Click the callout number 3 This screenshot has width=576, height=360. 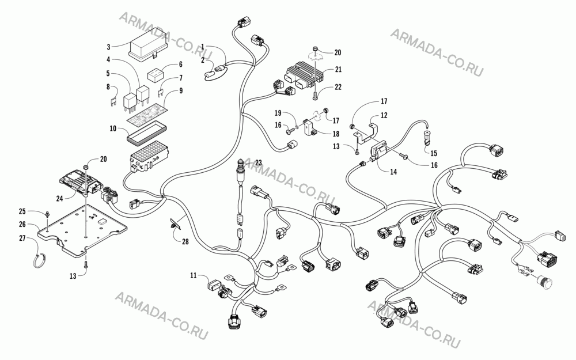click(x=108, y=47)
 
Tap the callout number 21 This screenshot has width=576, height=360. click(x=338, y=70)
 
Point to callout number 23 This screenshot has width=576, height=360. click(x=258, y=162)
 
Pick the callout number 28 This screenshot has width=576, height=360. click(x=185, y=241)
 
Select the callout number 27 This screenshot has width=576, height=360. click(x=22, y=238)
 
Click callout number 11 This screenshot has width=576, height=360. click(x=194, y=275)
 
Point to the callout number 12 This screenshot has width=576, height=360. click(x=384, y=115)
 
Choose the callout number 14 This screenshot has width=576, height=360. click(x=393, y=172)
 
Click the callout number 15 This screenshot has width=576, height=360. click(x=434, y=153)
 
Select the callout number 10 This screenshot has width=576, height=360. click(x=113, y=128)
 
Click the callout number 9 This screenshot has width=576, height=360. click(x=181, y=91)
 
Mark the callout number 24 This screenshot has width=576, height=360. click(x=59, y=198)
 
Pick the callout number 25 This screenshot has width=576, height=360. click(x=22, y=211)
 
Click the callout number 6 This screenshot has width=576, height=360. click(x=180, y=65)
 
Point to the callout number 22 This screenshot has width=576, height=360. click(x=338, y=87)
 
